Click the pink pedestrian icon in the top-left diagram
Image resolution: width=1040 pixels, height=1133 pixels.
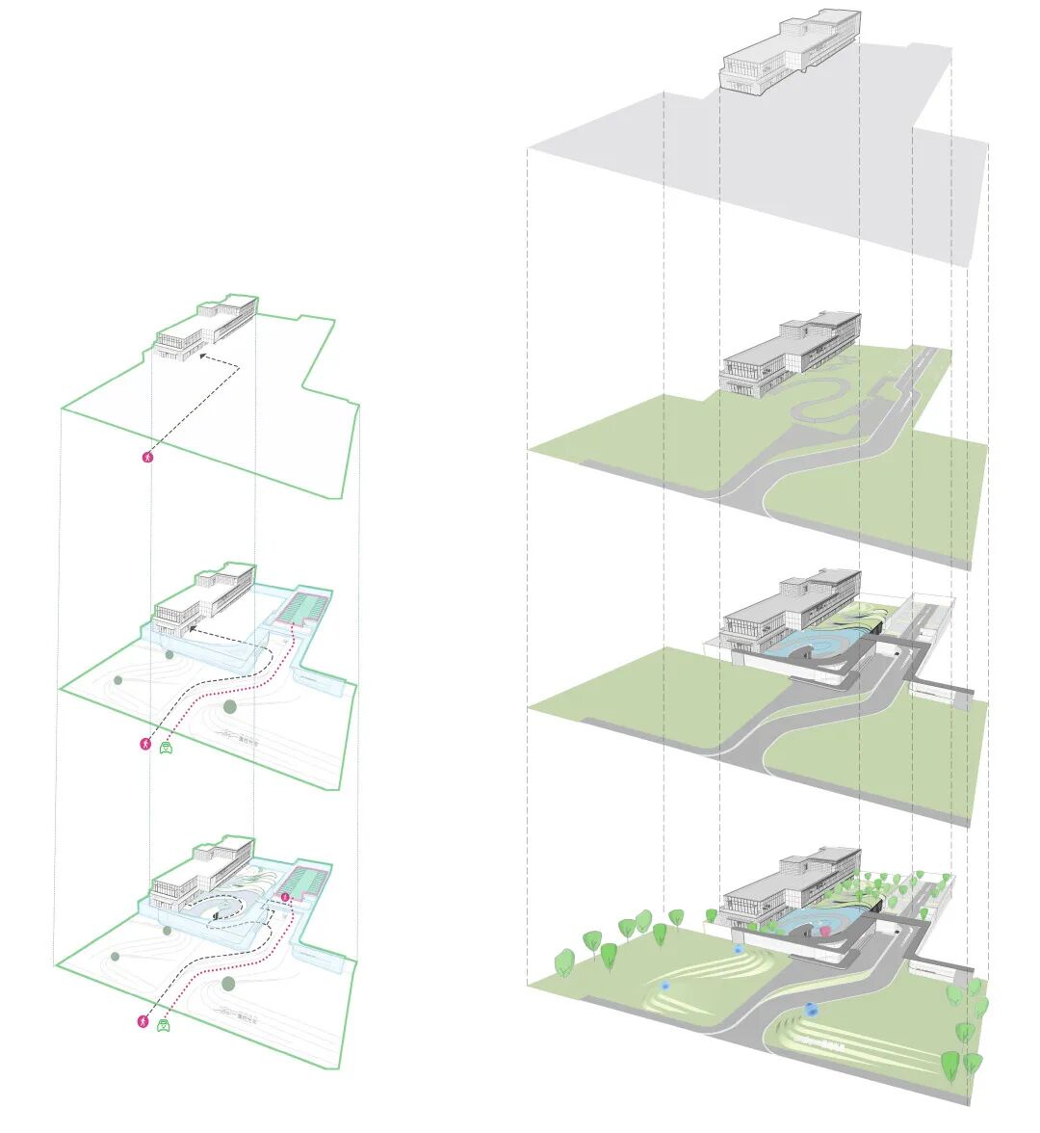(x=147, y=458)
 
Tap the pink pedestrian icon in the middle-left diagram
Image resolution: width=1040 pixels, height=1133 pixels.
(x=145, y=744)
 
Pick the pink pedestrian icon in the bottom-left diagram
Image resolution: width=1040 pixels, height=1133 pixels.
(x=143, y=1021)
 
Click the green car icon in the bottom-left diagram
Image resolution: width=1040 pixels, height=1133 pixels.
(x=164, y=1026)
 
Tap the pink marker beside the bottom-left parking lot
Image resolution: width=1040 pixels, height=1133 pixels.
(x=285, y=898)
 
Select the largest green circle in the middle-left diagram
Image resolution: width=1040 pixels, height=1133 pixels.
(x=229, y=707)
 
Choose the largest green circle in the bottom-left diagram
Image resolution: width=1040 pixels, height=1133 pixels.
(x=228, y=984)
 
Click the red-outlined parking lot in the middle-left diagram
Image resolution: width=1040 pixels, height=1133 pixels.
(x=302, y=609)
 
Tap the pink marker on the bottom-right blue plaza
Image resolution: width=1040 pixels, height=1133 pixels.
(x=824, y=932)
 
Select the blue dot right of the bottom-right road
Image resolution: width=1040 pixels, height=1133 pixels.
(x=812, y=1011)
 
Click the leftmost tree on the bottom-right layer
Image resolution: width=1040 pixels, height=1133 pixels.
(x=565, y=961)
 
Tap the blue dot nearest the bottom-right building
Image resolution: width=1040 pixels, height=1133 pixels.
(x=739, y=949)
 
